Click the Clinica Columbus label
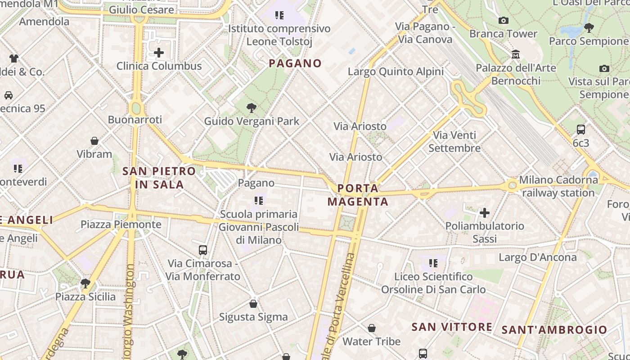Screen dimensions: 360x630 pos(159,66)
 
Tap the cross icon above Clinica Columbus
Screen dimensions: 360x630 pos(159,53)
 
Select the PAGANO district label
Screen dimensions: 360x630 pos(295,63)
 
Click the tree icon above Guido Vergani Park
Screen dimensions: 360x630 pos(252,108)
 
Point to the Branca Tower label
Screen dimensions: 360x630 pos(503,34)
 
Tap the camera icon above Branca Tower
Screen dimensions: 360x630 pos(504,20)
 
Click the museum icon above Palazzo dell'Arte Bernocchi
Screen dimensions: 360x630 pos(516,54)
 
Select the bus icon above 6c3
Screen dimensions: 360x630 pos(581,130)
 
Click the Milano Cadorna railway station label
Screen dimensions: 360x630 pos(558,186)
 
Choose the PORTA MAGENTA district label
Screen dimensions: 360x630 pos(358,195)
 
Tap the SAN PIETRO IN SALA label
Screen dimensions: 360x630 pos(159,178)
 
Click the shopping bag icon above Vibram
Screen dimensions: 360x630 pos(94,141)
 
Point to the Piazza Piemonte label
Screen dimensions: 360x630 pos(121,224)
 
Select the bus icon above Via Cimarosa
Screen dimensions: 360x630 pos(203,250)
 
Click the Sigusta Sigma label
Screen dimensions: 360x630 pos(253,317)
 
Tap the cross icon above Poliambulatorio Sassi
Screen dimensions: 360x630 pos(485,212)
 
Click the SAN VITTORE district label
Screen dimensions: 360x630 pos(452,327)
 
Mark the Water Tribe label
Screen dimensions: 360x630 pos(371,342)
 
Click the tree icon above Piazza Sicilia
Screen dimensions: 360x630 pos(85,283)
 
